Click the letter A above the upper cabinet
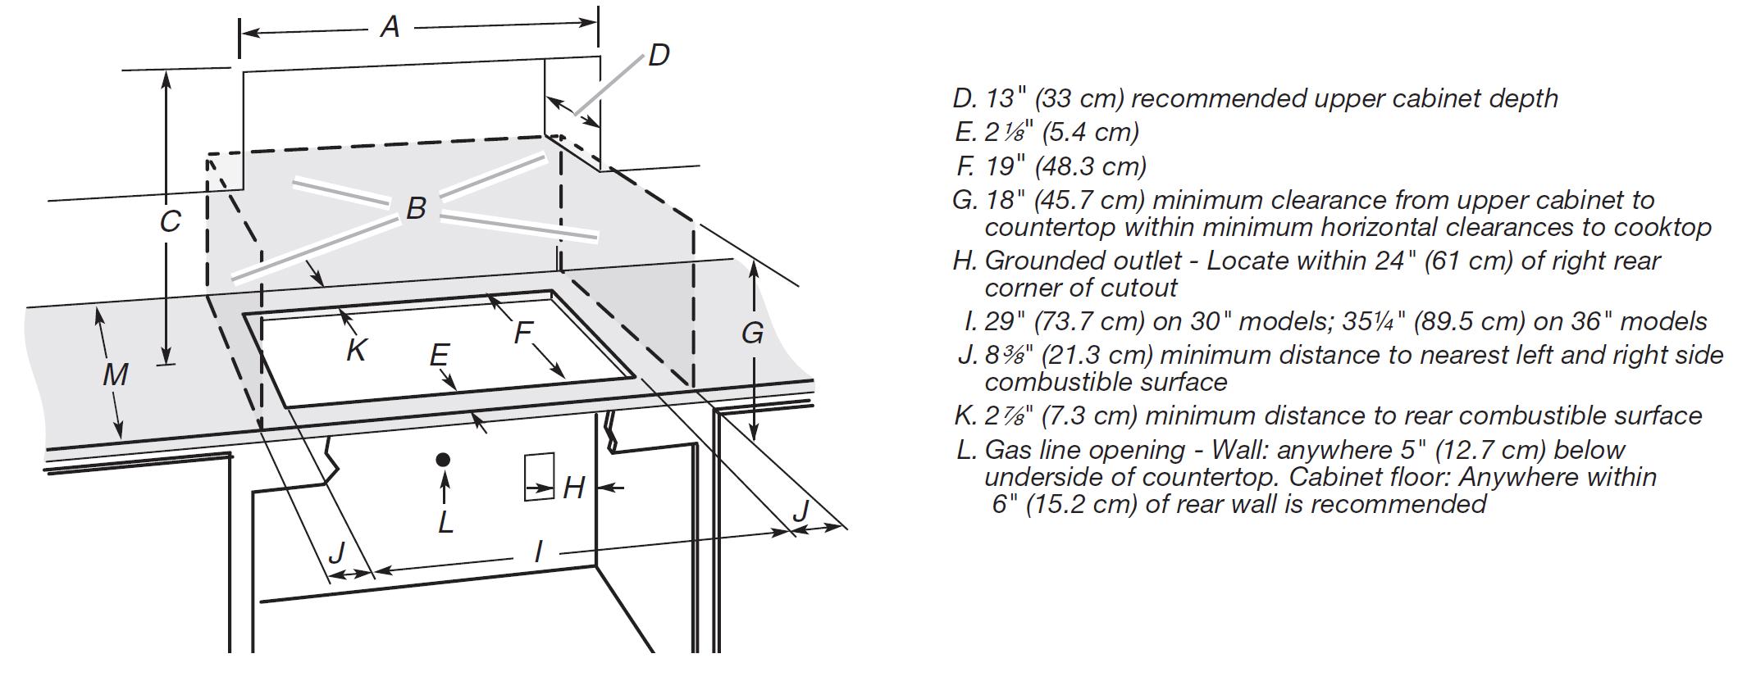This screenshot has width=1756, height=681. click(390, 27)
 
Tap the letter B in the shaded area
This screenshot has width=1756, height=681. click(416, 208)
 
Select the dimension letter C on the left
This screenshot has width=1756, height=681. click(170, 222)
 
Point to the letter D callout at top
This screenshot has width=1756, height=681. click(659, 56)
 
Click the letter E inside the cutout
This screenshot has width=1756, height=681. click(439, 355)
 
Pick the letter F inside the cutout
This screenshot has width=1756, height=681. click(522, 333)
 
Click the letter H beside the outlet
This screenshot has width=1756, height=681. click(573, 488)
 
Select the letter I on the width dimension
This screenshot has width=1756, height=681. click(538, 551)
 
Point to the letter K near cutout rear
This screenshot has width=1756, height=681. click(356, 350)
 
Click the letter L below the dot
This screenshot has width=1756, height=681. click(445, 521)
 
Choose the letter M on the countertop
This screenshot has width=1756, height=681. click(115, 375)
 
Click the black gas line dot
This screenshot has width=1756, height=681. click(444, 460)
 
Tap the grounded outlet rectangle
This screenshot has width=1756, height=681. click(540, 476)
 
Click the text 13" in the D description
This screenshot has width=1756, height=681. click(1006, 98)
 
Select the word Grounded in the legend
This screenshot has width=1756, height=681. click(1038, 261)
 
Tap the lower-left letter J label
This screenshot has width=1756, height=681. click(336, 553)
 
